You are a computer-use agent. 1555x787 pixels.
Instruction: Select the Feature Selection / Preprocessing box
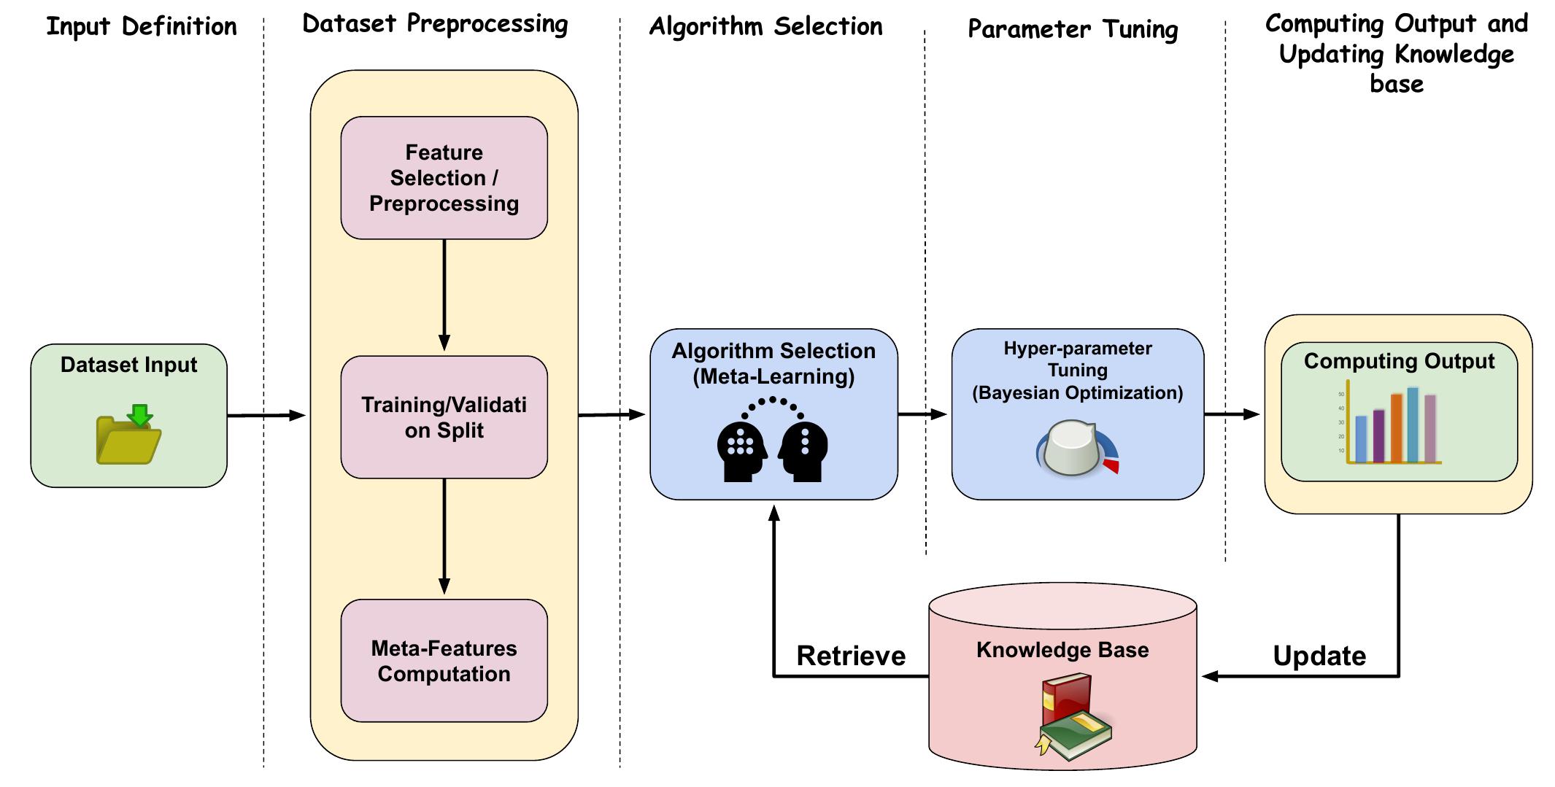coord(444,178)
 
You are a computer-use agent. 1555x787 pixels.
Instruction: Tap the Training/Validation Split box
coord(444,417)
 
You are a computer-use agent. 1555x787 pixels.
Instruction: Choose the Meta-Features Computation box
coord(444,661)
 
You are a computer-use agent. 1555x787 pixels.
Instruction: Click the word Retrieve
coord(851,656)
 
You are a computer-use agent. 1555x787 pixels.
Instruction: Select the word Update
coord(1319,656)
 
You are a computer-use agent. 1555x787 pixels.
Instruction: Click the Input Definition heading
coord(142,27)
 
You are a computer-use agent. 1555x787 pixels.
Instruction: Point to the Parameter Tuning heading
coord(1073,30)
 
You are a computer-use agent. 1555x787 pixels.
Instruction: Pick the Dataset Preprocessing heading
coord(435,24)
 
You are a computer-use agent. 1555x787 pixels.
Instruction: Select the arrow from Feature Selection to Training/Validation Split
coord(444,295)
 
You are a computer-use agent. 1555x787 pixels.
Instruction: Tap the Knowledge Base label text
coord(1062,650)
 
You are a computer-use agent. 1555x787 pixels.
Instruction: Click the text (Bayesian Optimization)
coord(1077,393)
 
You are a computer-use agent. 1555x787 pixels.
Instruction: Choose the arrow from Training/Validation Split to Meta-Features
coord(444,536)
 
